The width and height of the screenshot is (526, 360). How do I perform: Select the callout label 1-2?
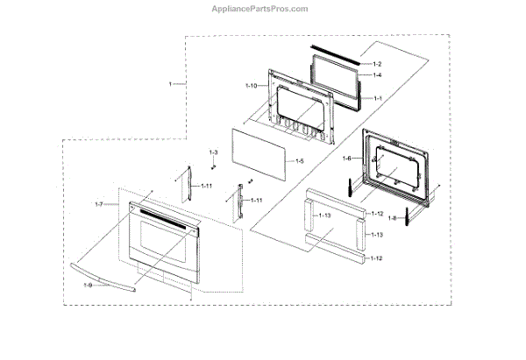pyautogui.click(x=377, y=65)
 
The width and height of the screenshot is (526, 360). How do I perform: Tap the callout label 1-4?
pyautogui.click(x=377, y=76)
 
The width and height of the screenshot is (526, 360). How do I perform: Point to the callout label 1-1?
pyautogui.click(x=377, y=98)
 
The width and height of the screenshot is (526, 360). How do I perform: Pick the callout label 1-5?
pyautogui.click(x=299, y=161)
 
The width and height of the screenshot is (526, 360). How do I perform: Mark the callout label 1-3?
pyautogui.click(x=212, y=153)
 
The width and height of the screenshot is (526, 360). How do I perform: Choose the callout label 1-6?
pyautogui.click(x=346, y=158)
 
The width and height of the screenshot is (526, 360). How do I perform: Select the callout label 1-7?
pyautogui.click(x=99, y=204)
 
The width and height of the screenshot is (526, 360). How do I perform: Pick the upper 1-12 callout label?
pyautogui.click(x=378, y=215)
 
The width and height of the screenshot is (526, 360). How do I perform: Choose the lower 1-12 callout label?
pyautogui.click(x=378, y=258)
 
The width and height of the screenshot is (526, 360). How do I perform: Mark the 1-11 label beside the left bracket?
pyautogui.click(x=206, y=187)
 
